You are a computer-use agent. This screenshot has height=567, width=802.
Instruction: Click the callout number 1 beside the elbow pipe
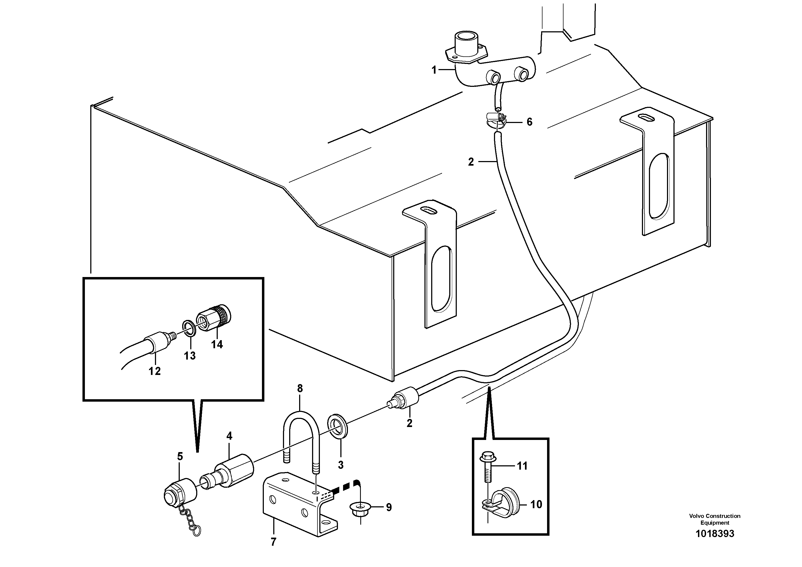434,70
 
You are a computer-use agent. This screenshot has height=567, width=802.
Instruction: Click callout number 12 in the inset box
154,371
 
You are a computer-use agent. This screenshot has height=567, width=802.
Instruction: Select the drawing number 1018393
715,534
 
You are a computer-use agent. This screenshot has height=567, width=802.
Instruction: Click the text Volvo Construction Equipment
715,519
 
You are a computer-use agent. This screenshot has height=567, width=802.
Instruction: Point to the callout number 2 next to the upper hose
471,162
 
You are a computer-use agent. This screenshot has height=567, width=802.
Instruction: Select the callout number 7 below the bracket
273,542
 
